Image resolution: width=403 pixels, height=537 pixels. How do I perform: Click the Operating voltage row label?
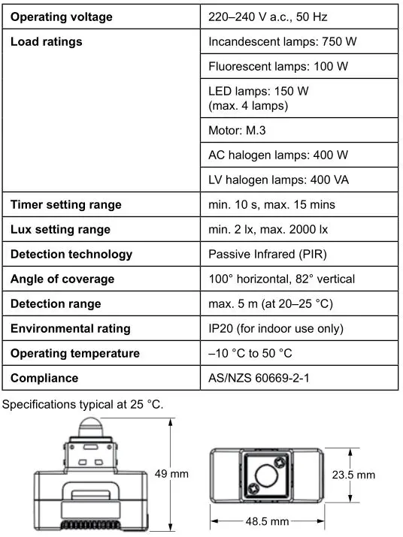tap(62, 17)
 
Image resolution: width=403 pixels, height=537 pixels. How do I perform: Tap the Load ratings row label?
tap(47, 42)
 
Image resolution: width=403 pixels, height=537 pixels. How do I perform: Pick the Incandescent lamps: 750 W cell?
tap(282, 42)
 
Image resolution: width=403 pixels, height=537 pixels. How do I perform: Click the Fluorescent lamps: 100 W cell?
tap(278, 67)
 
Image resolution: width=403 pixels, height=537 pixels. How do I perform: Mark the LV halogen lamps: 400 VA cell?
tap(278, 180)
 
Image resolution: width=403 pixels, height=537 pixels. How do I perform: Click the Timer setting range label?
tap(66, 205)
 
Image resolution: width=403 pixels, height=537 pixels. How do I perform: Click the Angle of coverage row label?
tap(62, 279)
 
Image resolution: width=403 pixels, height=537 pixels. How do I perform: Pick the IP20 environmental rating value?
tap(276, 329)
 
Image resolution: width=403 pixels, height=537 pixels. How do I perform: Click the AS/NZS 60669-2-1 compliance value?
tap(259, 379)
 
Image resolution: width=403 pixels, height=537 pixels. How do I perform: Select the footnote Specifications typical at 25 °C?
tap(83, 405)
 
